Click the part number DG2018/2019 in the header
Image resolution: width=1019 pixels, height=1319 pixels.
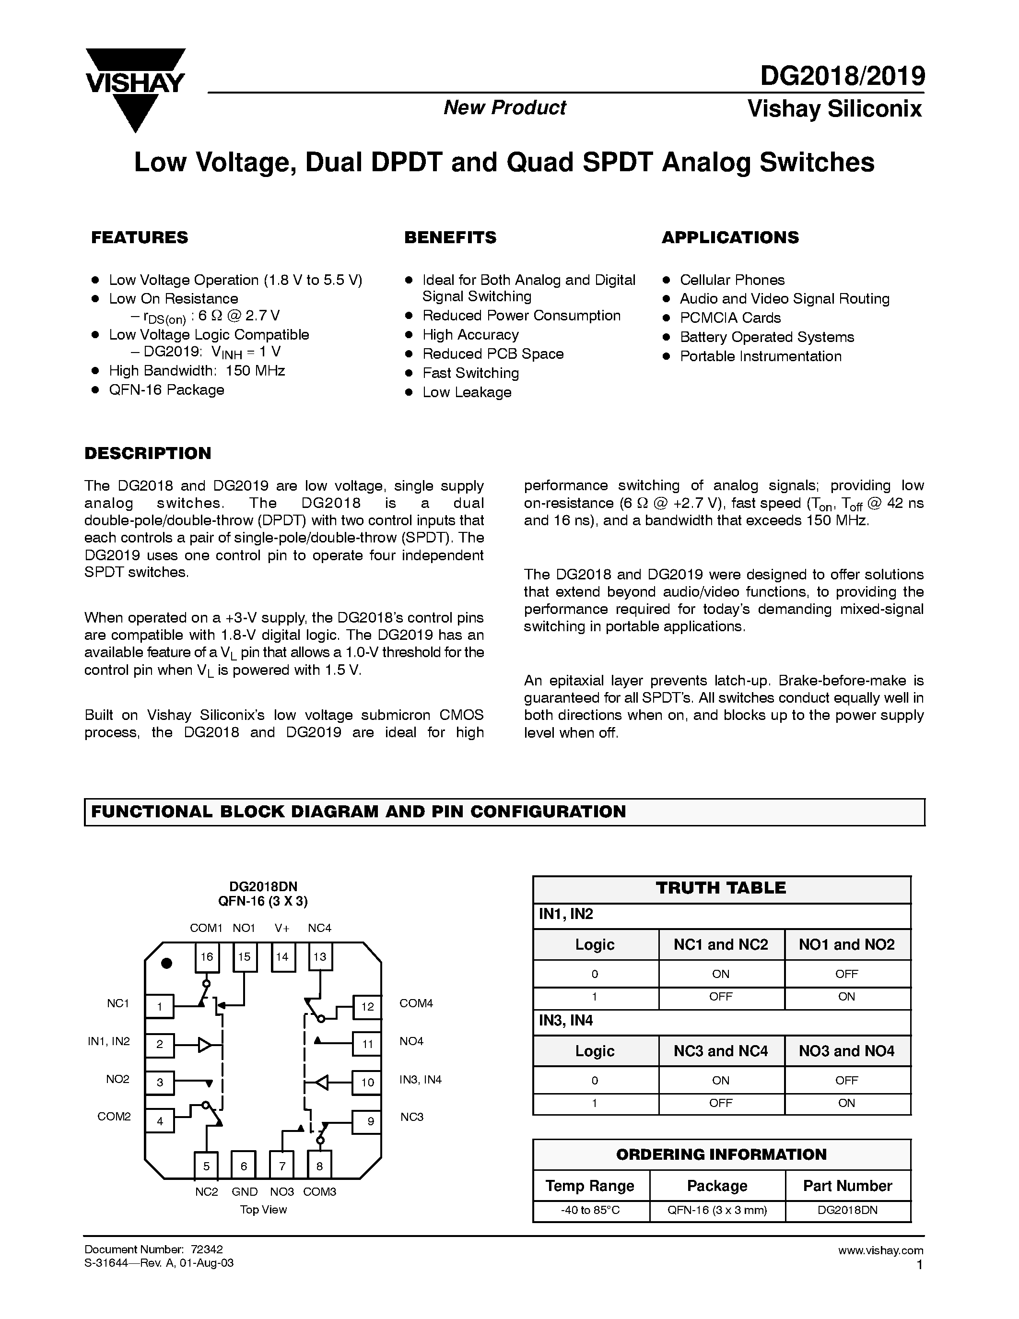pyautogui.click(x=842, y=77)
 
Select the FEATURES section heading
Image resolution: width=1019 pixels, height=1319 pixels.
pyautogui.click(x=140, y=237)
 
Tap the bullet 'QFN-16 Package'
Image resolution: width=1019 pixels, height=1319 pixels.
pyautogui.click(x=166, y=390)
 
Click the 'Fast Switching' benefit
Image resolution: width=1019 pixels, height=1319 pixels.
pyautogui.click(x=470, y=373)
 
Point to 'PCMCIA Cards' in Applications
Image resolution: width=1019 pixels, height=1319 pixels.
pyautogui.click(x=730, y=318)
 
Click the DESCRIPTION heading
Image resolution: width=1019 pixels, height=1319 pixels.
pyautogui.click(x=148, y=454)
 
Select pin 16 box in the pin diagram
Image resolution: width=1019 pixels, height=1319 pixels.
pyautogui.click(x=207, y=957)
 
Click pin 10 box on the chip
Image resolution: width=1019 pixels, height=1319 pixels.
pyautogui.click(x=367, y=1082)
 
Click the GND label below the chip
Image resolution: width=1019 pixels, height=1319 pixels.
pyautogui.click(x=245, y=1191)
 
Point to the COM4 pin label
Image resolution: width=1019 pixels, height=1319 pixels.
pyautogui.click(x=416, y=1003)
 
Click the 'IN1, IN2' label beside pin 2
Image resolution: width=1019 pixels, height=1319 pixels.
pyautogui.click(x=109, y=1041)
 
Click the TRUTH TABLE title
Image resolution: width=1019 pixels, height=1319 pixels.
pyautogui.click(x=721, y=888)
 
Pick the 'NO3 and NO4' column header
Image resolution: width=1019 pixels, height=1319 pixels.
pyautogui.click(x=846, y=1051)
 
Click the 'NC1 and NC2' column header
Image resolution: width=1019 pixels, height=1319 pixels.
pyautogui.click(x=721, y=944)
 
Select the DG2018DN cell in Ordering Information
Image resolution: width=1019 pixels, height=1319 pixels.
pyautogui.click(x=847, y=1210)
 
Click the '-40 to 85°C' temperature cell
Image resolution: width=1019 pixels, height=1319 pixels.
pyautogui.click(x=591, y=1210)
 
